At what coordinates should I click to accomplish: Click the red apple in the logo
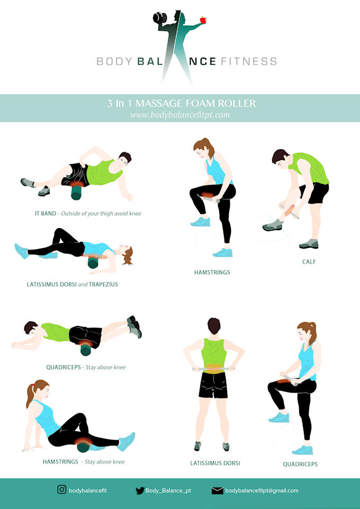tap(203, 20)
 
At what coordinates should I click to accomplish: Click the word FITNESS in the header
tap(249, 61)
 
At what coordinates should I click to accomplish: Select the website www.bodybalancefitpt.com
tap(180, 114)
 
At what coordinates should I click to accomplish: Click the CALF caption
tap(309, 262)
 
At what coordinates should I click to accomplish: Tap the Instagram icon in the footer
tap(62, 490)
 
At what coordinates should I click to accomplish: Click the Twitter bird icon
tap(140, 490)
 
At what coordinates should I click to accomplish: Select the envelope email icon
tap(217, 490)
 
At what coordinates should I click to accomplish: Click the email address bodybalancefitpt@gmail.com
tap(262, 490)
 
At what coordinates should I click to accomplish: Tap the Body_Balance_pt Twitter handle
tap(168, 490)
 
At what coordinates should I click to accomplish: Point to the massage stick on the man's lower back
tap(214, 368)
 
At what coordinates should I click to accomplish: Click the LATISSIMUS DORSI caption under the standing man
tap(215, 463)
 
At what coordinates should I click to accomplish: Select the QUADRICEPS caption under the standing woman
tap(300, 465)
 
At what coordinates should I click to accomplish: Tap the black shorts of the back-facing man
tap(213, 385)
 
